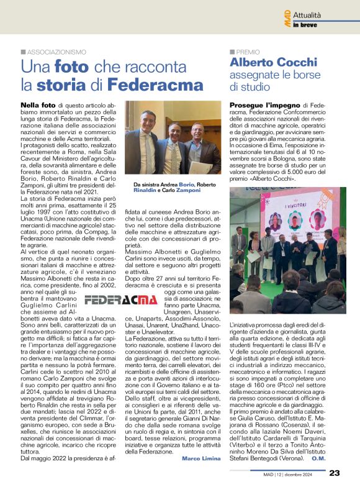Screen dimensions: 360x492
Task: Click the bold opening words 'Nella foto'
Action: point(39,106)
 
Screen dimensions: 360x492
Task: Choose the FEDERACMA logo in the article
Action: point(122,300)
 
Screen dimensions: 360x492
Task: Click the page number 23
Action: point(334,473)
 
